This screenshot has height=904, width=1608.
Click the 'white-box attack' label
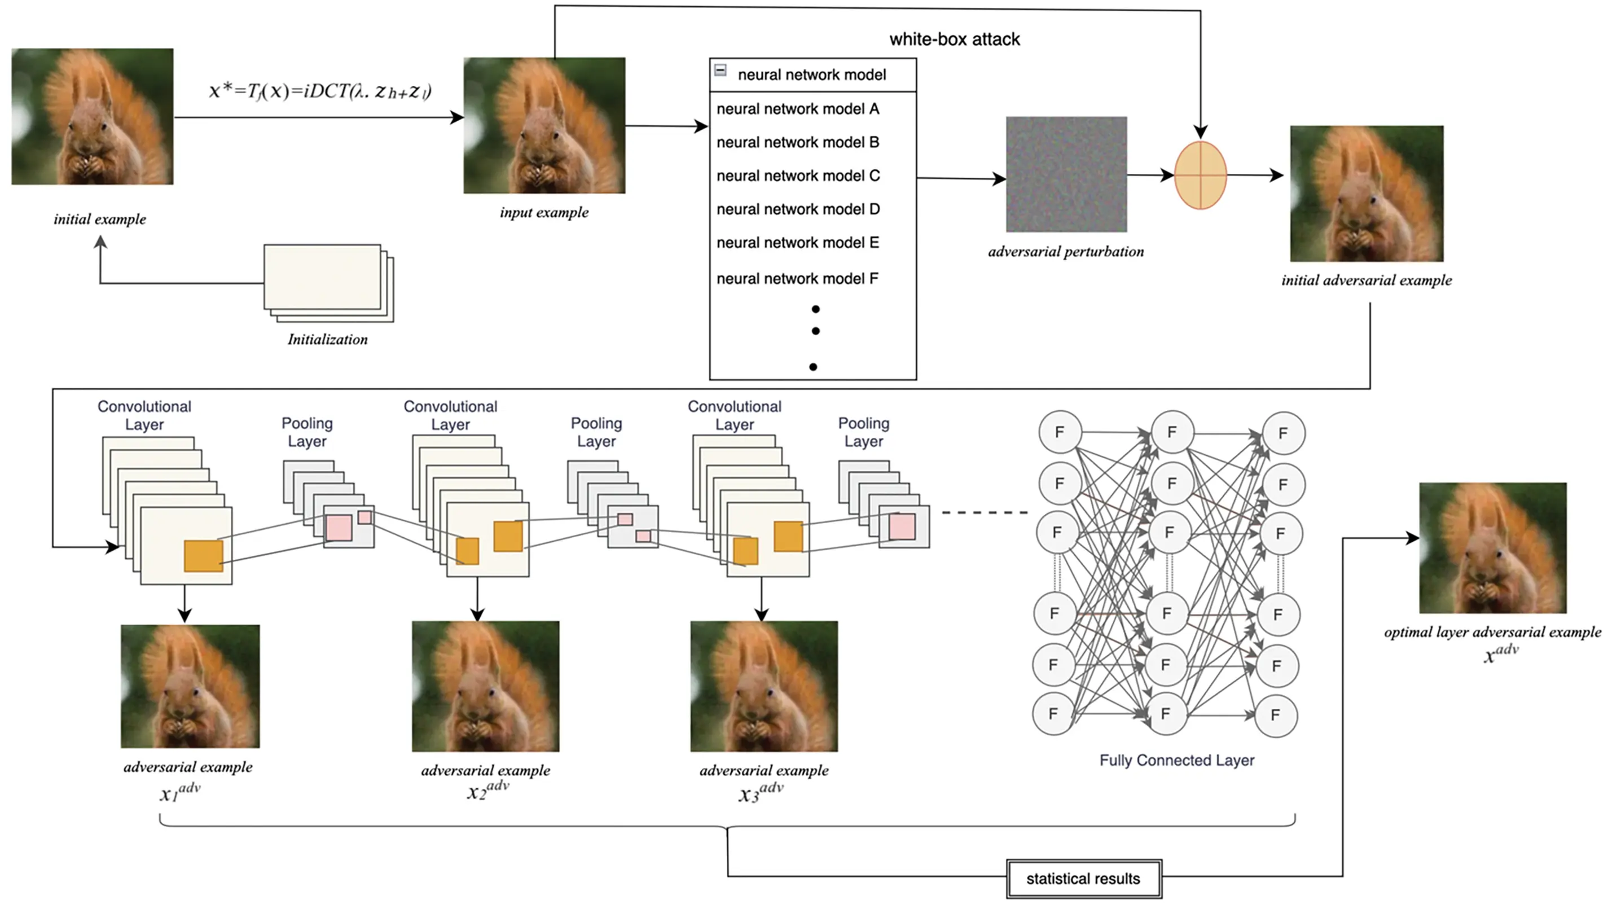(955, 40)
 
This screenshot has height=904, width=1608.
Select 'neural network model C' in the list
(798, 176)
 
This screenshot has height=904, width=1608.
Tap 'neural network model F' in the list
(797, 278)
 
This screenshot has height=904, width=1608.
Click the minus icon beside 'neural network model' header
(720, 71)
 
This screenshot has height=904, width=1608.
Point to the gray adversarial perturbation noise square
(1066, 174)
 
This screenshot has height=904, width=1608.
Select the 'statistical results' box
(1083, 879)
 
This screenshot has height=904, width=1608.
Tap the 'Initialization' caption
(328, 340)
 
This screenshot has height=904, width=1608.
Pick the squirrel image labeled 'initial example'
(93, 117)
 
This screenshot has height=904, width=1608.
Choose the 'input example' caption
(544, 212)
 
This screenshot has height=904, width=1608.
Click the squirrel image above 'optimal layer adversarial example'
(1492, 547)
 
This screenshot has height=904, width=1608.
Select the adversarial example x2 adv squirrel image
(485, 686)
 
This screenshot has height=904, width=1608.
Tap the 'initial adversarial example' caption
(1367, 280)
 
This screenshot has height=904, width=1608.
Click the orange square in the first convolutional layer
(204, 556)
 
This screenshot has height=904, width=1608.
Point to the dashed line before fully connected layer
(985, 512)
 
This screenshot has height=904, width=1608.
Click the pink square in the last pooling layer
(902, 527)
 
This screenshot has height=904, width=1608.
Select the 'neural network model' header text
(811, 75)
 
